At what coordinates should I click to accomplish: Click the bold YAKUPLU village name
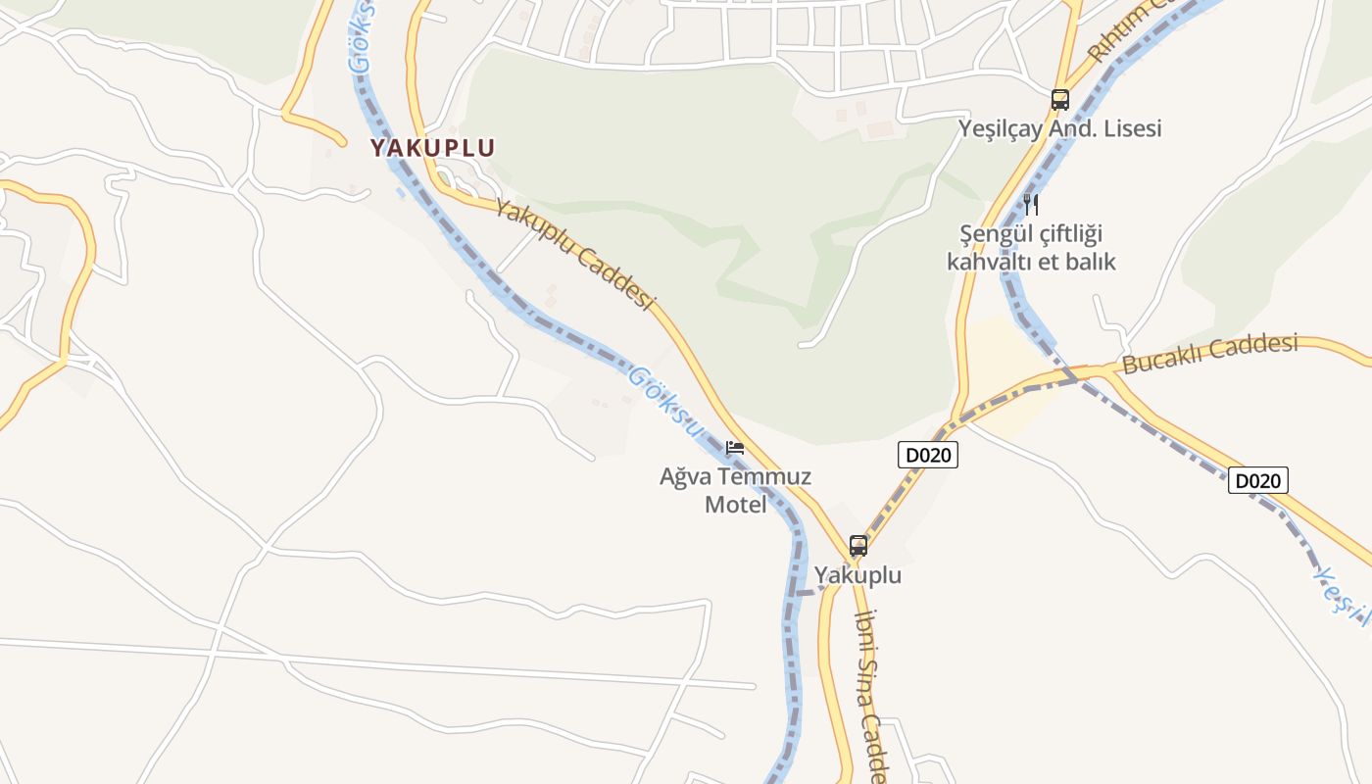[432, 148]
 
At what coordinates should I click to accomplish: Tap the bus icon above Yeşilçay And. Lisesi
[1059, 99]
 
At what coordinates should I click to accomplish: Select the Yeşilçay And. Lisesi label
[1059, 128]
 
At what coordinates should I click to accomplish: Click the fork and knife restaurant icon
[1030, 204]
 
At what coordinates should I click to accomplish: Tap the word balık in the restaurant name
[1090, 262]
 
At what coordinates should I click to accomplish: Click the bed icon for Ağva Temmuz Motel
[734, 448]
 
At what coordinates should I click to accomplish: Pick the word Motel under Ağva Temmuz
[735, 505]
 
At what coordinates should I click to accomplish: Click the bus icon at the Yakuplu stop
[858, 545]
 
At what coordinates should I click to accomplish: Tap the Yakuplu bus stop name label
[857, 575]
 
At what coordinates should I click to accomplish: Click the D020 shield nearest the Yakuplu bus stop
[927, 455]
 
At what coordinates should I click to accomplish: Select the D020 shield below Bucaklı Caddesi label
[1257, 480]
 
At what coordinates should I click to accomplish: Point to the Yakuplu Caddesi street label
[573, 254]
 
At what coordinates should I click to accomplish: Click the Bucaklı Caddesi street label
[1210, 354]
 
